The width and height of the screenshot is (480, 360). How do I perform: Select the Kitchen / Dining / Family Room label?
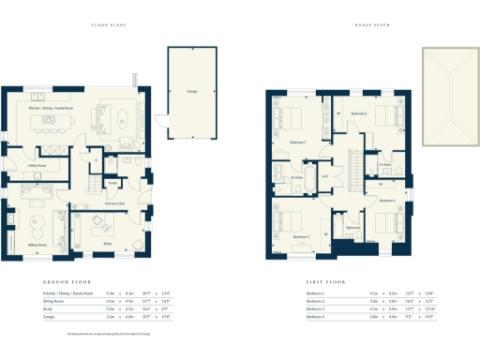pyautogui.click(x=51, y=107)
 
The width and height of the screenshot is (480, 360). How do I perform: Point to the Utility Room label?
pyautogui.click(x=37, y=165)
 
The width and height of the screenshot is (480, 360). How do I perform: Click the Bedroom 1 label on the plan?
pyautogui.click(x=298, y=142)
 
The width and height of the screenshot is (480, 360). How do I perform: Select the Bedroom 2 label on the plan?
pyautogui.click(x=359, y=113)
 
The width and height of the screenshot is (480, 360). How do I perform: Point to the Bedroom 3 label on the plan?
pyautogui.click(x=301, y=237)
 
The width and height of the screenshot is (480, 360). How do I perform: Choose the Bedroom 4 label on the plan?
pyautogui.click(x=387, y=201)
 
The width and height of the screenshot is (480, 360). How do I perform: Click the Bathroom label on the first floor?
pyautogui.click(x=352, y=228)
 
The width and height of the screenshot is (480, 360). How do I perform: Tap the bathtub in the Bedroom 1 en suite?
pyautogui.click(x=278, y=175)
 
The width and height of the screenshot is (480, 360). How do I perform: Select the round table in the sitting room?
pyautogui.click(x=36, y=222)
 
